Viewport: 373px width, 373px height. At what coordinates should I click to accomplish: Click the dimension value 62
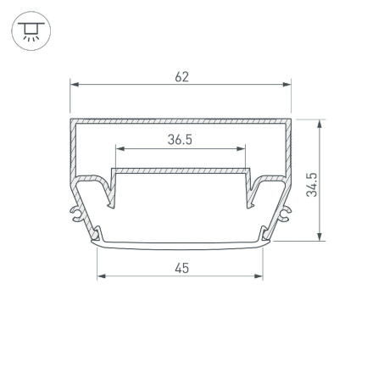point(181,76)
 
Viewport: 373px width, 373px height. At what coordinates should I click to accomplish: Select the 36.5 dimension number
point(180,140)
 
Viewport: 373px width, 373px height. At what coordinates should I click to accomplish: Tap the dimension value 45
point(181,268)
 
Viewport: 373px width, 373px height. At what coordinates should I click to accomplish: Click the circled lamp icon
point(31,31)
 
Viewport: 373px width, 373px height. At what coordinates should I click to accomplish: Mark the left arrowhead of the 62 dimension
point(74,85)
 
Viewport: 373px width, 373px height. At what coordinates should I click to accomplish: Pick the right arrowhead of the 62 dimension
point(287,85)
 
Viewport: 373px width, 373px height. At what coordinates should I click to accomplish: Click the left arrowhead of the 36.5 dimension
point(119,149)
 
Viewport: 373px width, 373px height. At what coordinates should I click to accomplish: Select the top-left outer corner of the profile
point(71,120)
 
